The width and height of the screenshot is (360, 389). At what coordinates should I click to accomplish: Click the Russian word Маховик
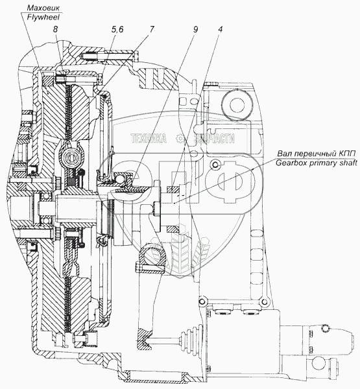(43, 8)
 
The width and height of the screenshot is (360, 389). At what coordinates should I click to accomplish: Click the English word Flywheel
(43, 17)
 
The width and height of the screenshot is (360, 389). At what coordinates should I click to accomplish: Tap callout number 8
(55, 29)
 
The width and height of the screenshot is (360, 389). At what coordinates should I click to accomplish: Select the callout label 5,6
(117, 29)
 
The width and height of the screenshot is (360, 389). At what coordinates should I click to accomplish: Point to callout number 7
(152, 29)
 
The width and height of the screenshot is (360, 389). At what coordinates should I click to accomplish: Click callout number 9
(195, 29)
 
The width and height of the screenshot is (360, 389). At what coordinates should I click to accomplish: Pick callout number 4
(220, 29)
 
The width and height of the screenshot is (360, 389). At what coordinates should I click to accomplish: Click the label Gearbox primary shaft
(317, 163)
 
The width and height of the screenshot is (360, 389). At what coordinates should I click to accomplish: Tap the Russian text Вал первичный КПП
(317, 154)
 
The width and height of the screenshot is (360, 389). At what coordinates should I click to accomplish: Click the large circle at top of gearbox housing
(237, 104)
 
